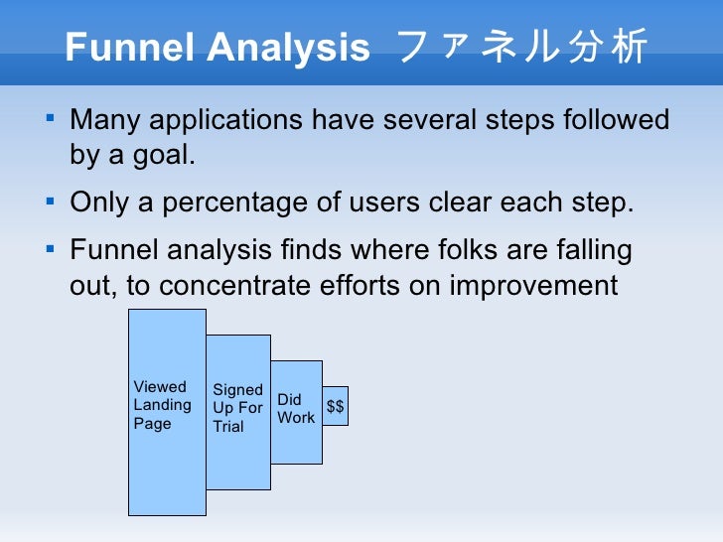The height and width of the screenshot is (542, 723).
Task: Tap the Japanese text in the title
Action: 520,47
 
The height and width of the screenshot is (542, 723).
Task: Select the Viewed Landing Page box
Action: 167,467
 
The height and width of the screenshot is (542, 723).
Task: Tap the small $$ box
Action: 336,406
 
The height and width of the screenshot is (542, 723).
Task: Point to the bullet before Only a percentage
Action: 51,203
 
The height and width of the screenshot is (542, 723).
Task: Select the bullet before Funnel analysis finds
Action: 51,249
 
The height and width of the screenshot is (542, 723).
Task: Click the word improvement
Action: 533,286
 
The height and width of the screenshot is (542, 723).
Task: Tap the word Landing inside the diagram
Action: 162,405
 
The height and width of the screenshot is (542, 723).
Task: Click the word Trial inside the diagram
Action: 227,427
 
